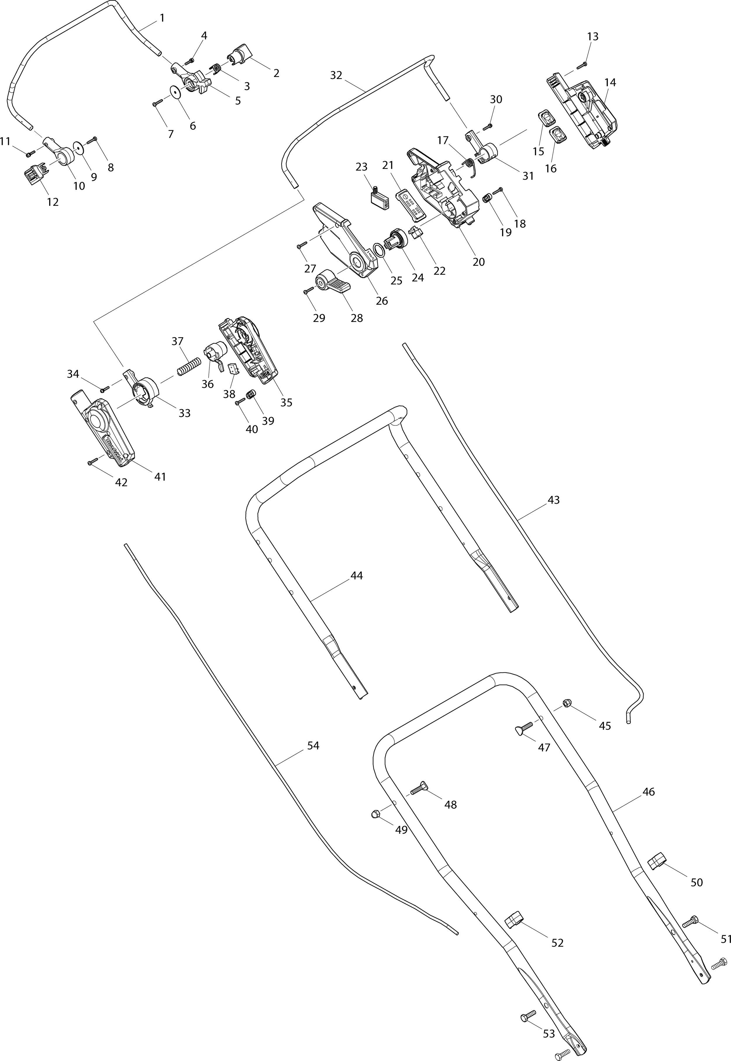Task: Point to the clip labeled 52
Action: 513,919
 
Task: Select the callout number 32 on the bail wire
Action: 336,75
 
